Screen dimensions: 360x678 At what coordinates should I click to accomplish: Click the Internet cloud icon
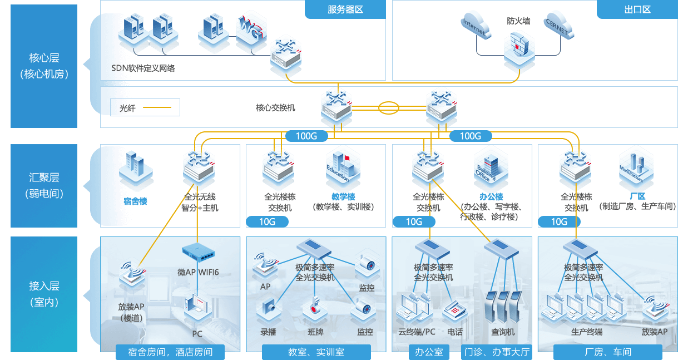(474, 27)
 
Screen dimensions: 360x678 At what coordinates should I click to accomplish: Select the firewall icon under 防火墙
(518, 49)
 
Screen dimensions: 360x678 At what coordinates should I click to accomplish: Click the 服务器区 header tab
(345, 9)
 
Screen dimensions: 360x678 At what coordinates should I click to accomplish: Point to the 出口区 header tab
(637, 9)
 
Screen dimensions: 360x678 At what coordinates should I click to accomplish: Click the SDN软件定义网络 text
(143, 68)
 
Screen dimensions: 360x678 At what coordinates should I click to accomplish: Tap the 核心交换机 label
(275, 107)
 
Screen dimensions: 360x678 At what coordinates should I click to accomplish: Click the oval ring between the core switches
(388, 107)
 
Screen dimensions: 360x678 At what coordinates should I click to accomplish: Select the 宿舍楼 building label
(135, 201)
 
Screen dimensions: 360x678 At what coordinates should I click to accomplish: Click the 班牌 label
(315, 332)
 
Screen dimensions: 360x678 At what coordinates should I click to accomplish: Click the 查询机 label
(503, 332)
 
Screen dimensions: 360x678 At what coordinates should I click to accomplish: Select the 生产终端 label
(587, 332)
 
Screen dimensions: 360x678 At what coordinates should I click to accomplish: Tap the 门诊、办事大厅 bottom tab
(497, 352)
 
